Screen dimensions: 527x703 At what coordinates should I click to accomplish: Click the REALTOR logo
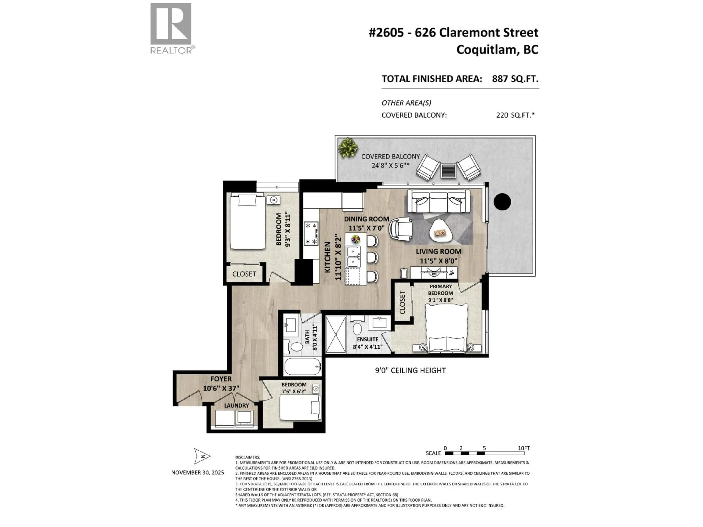(171, 28)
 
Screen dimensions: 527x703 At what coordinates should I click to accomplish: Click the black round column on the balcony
(502, 201)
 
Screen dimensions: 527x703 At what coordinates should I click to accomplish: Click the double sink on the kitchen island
(353, 257)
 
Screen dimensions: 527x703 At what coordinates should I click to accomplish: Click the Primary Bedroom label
(440, 290)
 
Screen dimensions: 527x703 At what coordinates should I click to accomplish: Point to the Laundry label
(237, 406)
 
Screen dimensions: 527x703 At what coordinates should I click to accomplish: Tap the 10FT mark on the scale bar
(524, 448)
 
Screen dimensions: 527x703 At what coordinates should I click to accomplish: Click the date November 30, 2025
(198, 473)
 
